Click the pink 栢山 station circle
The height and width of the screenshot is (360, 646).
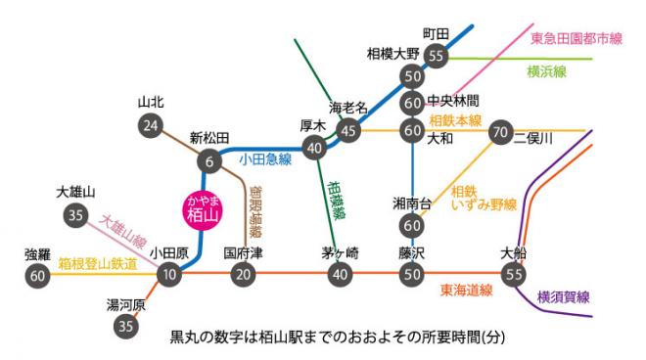pyautogui.click(x=201, y=208)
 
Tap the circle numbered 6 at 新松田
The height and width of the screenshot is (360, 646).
pyautogui.click(x=208, y=160)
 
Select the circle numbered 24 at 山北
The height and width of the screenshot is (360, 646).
pyautogui.click(x=150, y=125)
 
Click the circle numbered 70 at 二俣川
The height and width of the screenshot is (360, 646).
pyautogui.click(x=499, y=130)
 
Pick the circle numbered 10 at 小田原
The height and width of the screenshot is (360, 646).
pyautogui.click(x=168, y=275)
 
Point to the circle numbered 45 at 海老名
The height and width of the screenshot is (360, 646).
pyautogui.click(x=348, y=129)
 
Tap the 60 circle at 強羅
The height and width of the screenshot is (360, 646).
pyautogui.click(x=38, y=277)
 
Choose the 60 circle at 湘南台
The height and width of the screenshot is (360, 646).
pyautogui.click(x=411, y=225)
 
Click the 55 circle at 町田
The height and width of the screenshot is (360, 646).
pyautogui.click(x=437, y=56)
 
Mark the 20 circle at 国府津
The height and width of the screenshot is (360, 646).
pyautogui.click(x=243, y=275)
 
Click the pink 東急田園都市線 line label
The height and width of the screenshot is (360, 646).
pyautogui.click(x=576, y=39)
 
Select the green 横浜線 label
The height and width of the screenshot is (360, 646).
pyautogui.click(x=548, y=72)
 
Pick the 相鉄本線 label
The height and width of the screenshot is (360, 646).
pyautogui.click(x=456, y=120)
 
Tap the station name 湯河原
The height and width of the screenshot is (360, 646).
pyautogui.click(x=125, y=305)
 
